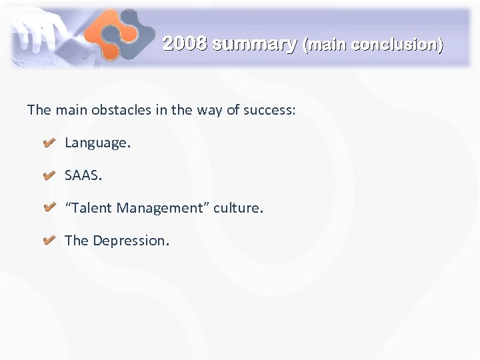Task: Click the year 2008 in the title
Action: (x=185, y=44)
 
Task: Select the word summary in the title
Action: (x=255, y=45)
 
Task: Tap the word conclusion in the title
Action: (x=396, y=45)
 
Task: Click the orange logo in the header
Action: (x=119, y=34)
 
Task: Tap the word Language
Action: (x=95, y=143)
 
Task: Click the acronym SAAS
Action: (x=83, y=175)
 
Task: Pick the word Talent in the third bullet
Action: (x=91, y=208)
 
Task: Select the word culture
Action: (x=238, y=208)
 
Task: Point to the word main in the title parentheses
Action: (x=327, y=45)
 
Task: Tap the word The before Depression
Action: (x=77, y=241)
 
